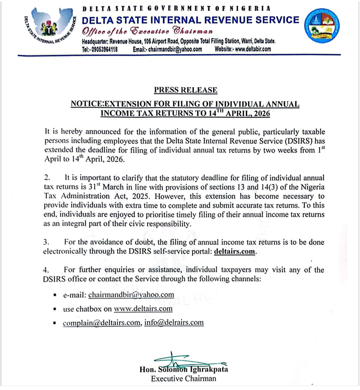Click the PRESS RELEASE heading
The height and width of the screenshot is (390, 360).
185,90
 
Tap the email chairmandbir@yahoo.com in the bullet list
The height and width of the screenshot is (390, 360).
131,295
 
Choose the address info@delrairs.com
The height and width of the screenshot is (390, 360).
174,323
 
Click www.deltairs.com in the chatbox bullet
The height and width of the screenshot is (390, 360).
143,309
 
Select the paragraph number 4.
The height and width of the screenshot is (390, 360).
46,270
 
